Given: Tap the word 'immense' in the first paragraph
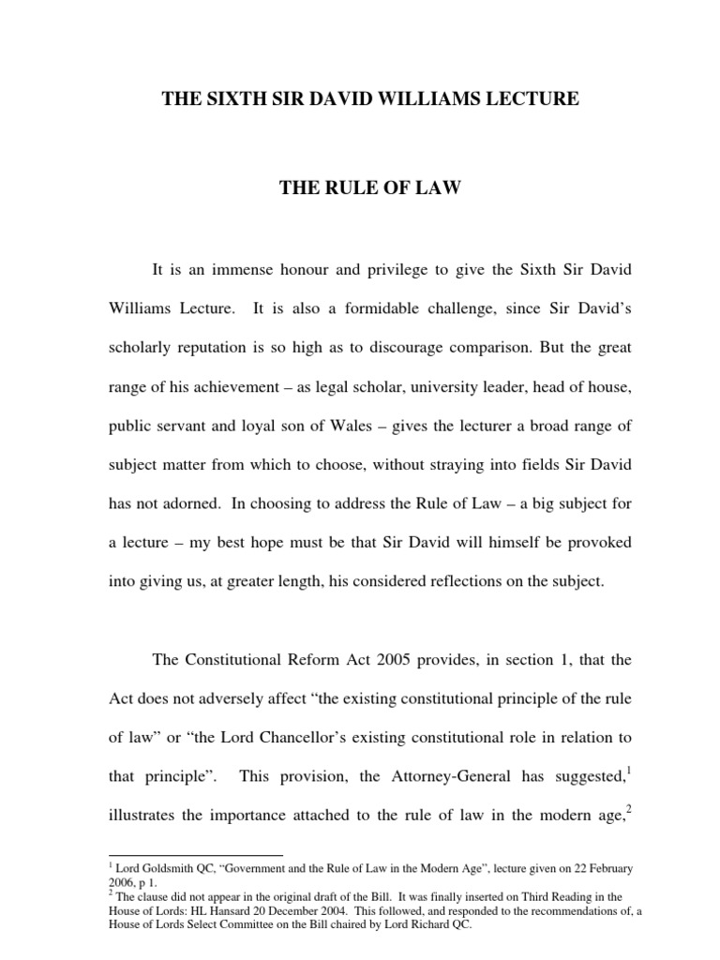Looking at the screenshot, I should click(236, 271).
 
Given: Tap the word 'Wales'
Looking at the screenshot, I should click(370, 426).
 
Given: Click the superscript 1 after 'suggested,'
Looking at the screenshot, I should click(628, 769).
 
